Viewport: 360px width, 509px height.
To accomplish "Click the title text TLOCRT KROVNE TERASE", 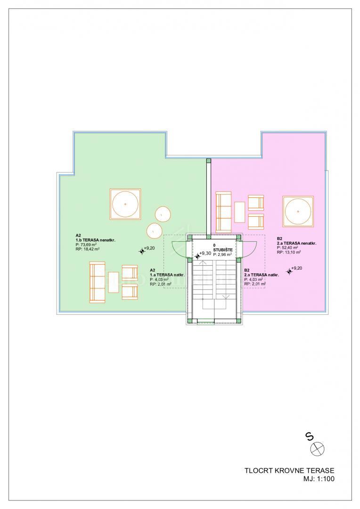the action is point(289,470).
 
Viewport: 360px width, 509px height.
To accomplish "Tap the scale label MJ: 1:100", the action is point(319,478).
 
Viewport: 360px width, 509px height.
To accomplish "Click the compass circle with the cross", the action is point(317,449).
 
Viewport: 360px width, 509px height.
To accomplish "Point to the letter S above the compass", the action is point(310,436).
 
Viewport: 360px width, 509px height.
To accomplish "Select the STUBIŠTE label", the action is point(223,250).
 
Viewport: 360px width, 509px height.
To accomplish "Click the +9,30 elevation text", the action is point(205,253).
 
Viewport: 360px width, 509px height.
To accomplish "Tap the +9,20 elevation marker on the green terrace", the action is point(142,251).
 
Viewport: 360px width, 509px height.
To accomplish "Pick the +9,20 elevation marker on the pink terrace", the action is point(289,271).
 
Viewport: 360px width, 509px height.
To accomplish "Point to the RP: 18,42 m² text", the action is point(87,249).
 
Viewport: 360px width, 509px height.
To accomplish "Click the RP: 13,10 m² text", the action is point(289,252).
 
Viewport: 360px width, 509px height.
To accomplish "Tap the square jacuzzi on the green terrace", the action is point(125,204).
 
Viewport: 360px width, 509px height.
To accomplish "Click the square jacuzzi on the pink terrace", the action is point(298,211).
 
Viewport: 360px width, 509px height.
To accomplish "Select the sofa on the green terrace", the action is point(98,282).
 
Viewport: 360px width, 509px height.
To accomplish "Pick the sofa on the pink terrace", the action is point(224,212).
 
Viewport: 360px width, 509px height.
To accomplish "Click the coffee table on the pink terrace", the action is point(239,212).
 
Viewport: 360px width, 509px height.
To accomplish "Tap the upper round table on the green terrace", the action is point(163,214).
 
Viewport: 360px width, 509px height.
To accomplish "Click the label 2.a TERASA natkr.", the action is point(262,275).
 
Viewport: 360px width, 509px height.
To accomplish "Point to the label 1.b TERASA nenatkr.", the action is point(96,240).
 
